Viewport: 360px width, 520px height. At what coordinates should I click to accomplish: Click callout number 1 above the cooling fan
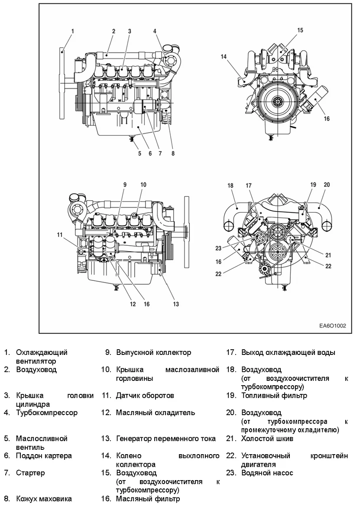72,31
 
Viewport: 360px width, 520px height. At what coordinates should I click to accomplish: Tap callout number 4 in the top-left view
155,31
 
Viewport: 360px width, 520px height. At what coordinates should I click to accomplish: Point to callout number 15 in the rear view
300,30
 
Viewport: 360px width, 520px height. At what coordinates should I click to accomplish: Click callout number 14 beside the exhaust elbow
224,56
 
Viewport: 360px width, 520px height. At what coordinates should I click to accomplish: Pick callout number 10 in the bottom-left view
143,185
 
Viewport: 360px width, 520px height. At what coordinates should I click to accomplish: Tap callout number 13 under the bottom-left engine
176,304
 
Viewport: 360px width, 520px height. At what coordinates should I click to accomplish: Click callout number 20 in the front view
327,185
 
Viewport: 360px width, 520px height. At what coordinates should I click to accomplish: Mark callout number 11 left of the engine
60,235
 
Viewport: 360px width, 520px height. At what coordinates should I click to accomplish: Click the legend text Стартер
30,473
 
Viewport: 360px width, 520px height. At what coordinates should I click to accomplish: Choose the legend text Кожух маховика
44,499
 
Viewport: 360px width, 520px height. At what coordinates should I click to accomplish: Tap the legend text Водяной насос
267,473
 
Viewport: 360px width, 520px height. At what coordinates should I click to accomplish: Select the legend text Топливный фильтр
274,395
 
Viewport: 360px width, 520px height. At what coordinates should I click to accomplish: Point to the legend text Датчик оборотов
145,395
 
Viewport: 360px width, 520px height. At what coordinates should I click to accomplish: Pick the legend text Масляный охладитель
155,413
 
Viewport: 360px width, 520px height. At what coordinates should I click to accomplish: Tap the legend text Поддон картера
44,455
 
